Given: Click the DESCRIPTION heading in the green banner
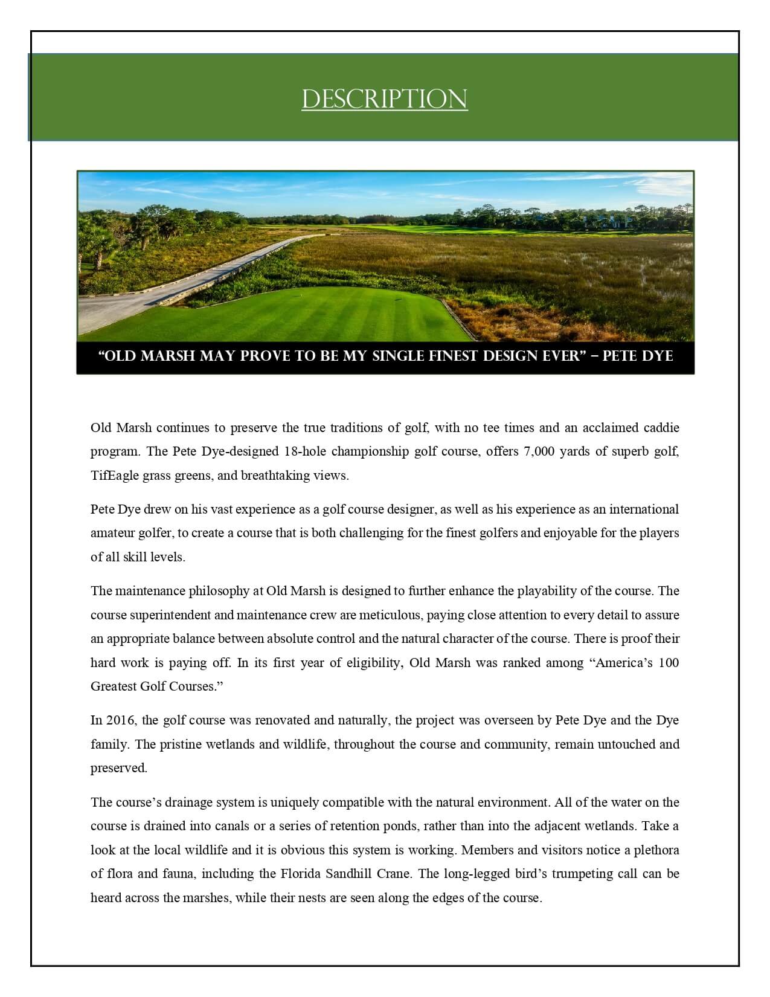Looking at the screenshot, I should click(x=385, y=100).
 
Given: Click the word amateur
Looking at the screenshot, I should click(x=113, y=533).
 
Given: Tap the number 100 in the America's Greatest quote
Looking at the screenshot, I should click(x=669, y=663).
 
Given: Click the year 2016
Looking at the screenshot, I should click(x=120, y=720).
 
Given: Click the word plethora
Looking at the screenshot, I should click(x=656, y=850).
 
